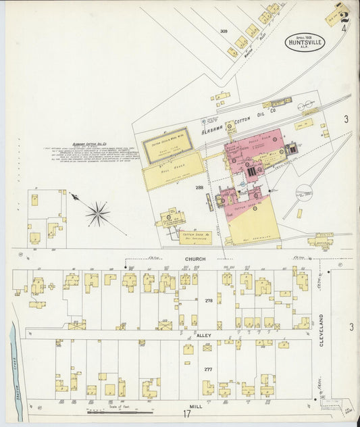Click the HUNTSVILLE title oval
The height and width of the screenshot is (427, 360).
tap(305, 41)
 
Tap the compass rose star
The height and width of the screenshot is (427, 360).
tap(98, 214)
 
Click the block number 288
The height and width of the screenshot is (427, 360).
tap(199, 187)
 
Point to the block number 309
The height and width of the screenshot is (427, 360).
tap(223, 32)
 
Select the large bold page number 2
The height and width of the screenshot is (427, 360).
tap(344, 16)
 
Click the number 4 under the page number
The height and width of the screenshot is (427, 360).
tap(344, 28)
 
